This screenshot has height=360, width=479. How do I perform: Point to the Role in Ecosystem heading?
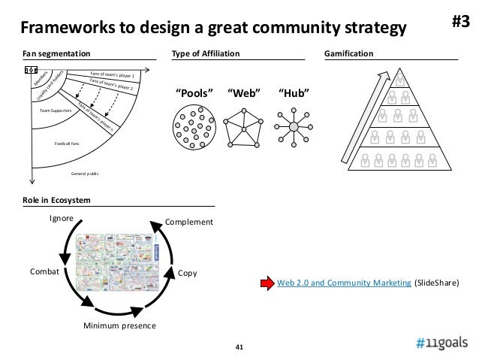click(57, 200)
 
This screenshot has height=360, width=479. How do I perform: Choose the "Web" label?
click(243, 94)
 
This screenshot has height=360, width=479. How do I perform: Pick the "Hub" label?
click(293, 94)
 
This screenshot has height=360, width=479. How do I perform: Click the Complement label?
click(188, 222)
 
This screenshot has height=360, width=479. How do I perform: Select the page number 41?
click(239, 347)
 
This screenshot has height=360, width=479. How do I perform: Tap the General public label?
click(85, 174)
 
